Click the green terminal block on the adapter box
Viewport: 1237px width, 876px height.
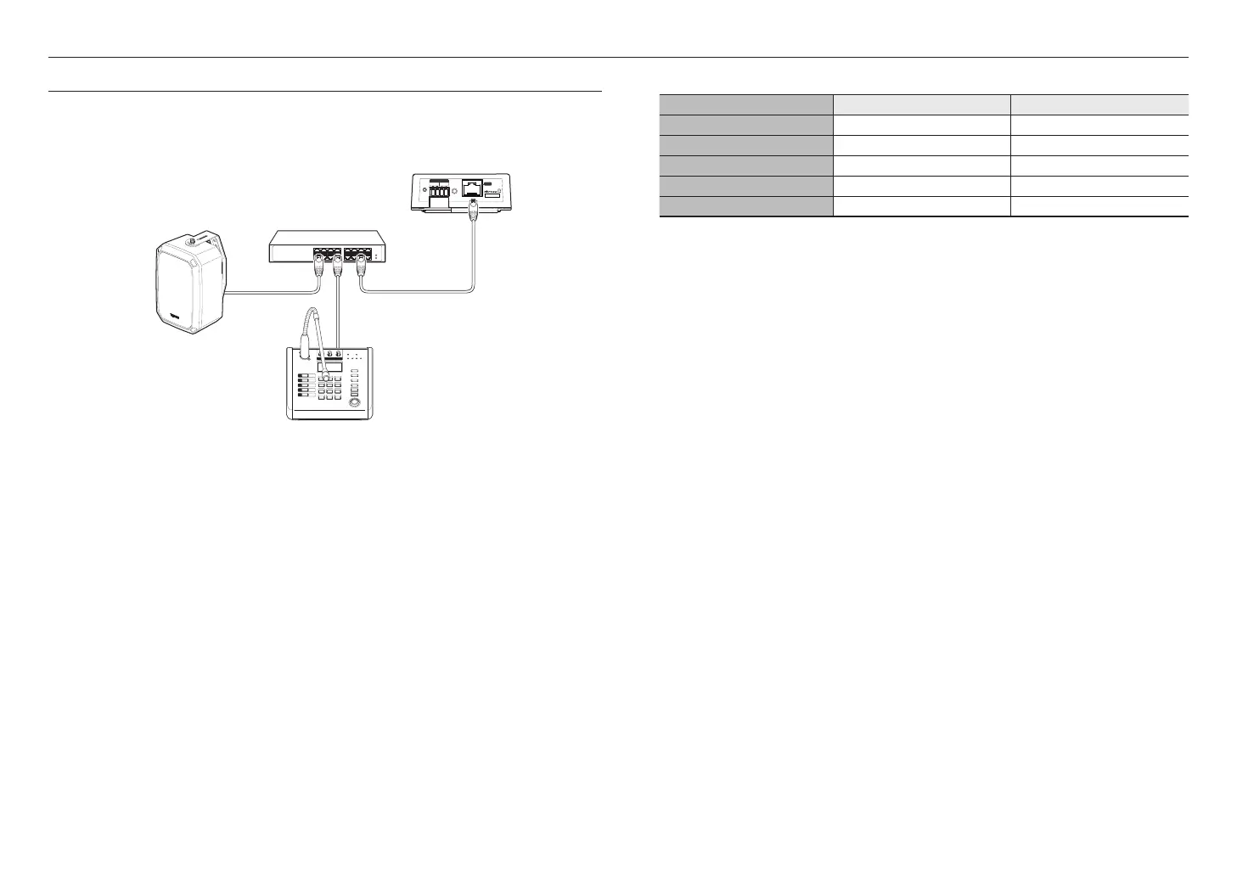click(439, 192)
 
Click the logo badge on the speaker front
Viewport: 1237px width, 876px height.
click(177, 318)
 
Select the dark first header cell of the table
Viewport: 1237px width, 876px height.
click(745, 104)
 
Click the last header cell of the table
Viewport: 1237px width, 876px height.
click(1099, 104)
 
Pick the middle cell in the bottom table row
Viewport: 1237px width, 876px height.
click(921, 206)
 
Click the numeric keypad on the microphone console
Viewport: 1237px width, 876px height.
click(330, 387)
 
